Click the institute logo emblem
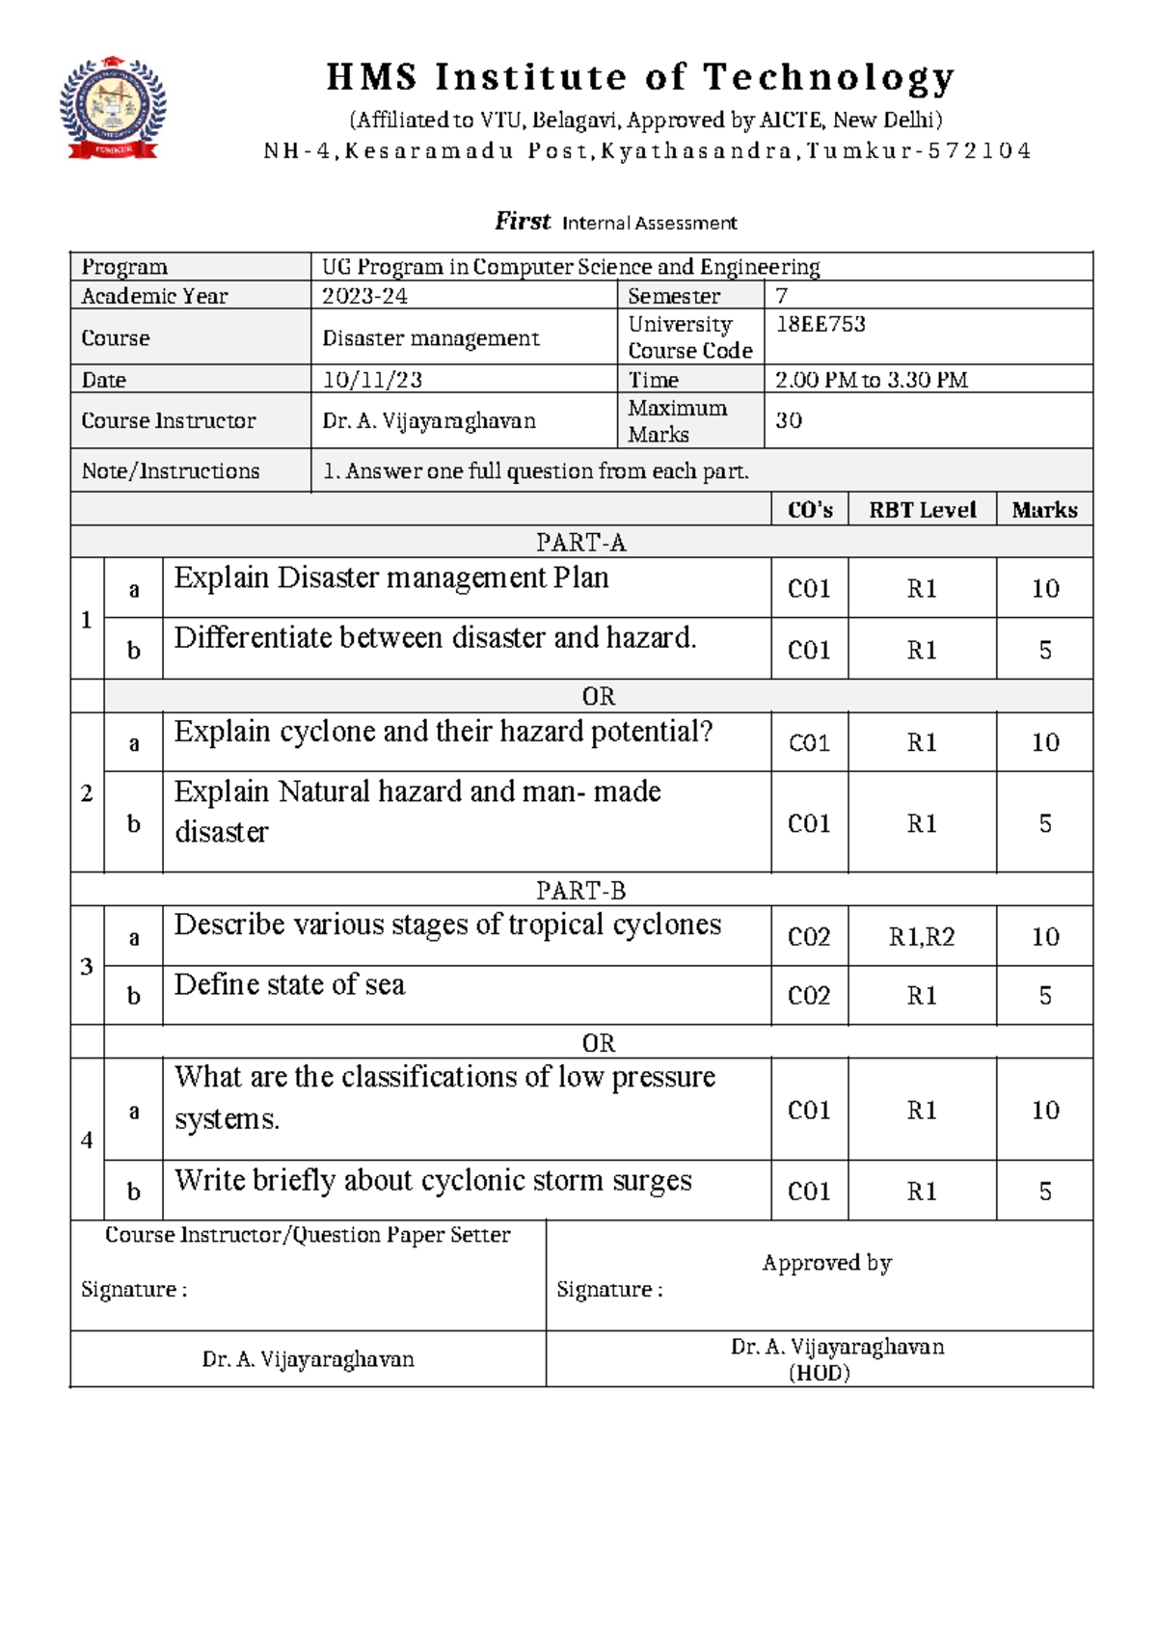pos(113,107)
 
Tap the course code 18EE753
pos(821,324)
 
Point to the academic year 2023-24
pos(364,296)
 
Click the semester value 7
pos(782,296)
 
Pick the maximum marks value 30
pos(789,420)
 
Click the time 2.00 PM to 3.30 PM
pos(871,380)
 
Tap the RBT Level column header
pos(922,510)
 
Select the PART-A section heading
pos(580,543)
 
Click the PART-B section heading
pos(580,890)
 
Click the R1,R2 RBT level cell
pos(921,937)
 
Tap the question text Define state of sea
pos(289,985)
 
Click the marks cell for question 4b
pos(1044,1192)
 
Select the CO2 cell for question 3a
pos(808,937)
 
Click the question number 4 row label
pos(87,1140)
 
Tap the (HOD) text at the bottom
pos(819,1373)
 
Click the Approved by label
pos(826,1263)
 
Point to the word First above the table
pos(523,222)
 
